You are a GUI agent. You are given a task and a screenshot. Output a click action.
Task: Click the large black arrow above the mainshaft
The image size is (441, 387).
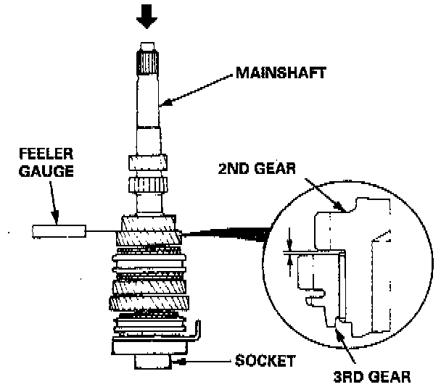coord(147,17)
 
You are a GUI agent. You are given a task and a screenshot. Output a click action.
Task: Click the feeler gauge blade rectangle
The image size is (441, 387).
coord(58,231)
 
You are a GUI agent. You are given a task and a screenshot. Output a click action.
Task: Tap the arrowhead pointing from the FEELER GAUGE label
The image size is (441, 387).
coord(55,217)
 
